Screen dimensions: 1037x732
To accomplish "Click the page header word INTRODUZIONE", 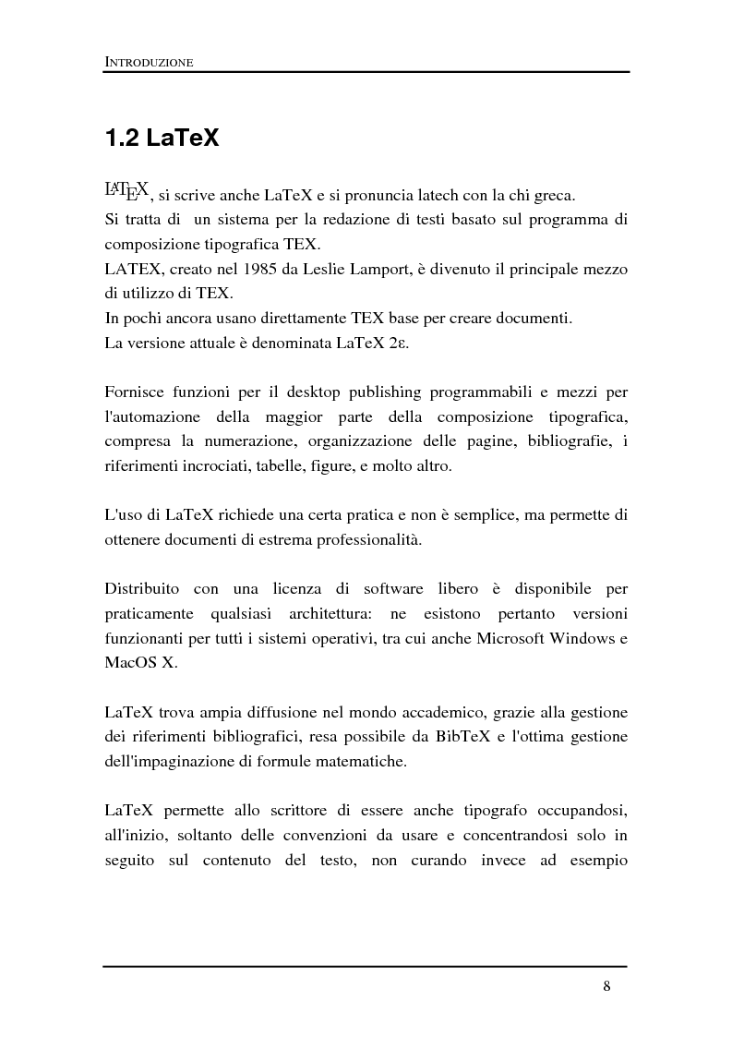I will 149,63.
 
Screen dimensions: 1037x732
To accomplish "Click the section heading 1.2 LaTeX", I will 162,139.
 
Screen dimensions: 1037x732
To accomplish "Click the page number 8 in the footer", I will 606,985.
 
